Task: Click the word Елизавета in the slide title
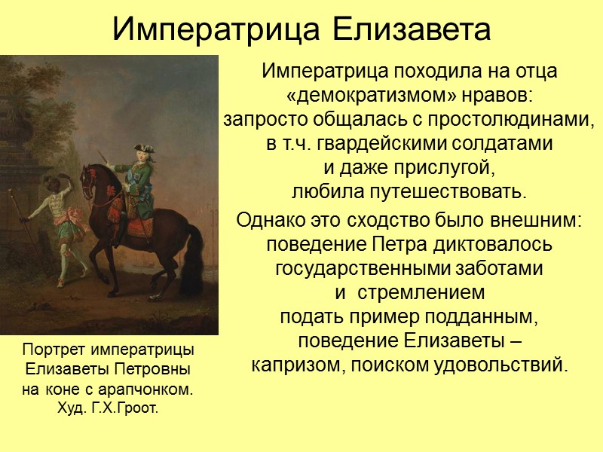pyautogui.click(x=412, y=30)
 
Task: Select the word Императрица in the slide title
pyautogui.click(x=218, y=30)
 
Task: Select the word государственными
pyautogui.click(x=363, y=268)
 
